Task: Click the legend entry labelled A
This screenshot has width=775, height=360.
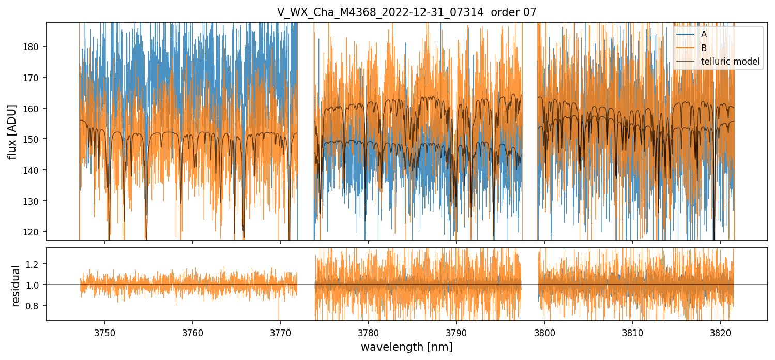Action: click(x=704, y=34)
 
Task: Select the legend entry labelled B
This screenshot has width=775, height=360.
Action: click(x=704, y=48)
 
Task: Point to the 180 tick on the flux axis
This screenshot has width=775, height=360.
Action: click(x=33, y=47)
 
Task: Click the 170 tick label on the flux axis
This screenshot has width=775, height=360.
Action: click(x=33, y=78)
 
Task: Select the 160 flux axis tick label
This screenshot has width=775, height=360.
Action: click(x=33, y=109)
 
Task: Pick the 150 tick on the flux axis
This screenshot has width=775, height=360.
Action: click(x=33, y=139)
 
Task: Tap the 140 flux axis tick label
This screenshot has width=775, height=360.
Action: click(x=33, y=170)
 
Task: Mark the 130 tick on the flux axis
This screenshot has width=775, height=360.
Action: click(x=33, y=201)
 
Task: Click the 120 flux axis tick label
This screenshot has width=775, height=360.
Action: click(x=33, y=232)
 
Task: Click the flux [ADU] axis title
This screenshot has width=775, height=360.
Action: click(x=12, y=131)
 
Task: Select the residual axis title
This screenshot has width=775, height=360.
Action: click(x=16, y=286)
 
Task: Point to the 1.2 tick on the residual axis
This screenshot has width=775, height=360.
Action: click(x=35, y=264)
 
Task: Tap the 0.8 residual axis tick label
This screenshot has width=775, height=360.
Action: click(x=35, y=306)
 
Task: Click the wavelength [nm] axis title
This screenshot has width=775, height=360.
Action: click(x=406, y=347)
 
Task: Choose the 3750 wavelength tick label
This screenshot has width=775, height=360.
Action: click(x=105, y=333)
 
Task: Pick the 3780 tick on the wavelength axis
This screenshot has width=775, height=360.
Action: click(x=368, y=333)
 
